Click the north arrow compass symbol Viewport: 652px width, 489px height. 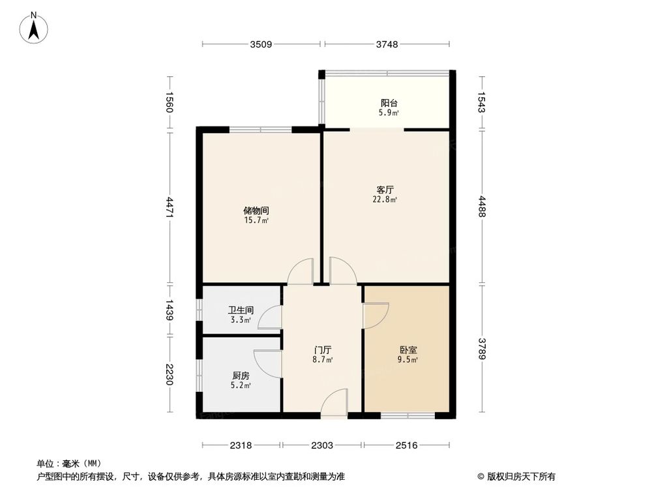pyautogui.click(x=34, y=27)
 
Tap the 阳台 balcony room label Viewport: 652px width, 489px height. pyautogui.click(x=389, y=103)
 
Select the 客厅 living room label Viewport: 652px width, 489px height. pyautogui.click(x=385, y=190)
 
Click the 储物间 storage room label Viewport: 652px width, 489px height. pyautogui.click(x=256, y=211)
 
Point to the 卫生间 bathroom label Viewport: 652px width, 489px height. pyautogui.click(x=240, y=311)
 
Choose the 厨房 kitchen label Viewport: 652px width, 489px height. pyautogui.click(x=241, y=376)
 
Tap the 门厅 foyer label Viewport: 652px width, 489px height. pyautogui.click(x=323, y=350)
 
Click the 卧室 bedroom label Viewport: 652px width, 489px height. pyautogui.click(x=408, y=350)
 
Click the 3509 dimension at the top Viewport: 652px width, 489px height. pyautogui.click(x=261, y=44)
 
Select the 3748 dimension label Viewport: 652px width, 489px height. pyautogui.click(x=387, y=44)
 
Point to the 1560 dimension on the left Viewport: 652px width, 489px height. pyautogui.click(x=170, y=103)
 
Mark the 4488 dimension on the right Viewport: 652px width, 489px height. pyautogui.click(x=482, y=208)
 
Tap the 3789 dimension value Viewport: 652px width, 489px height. pyautogui.click(x=482, y=349)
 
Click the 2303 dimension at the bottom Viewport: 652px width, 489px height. pyautogui.click(x=322, y=445)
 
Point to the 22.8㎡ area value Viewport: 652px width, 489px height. pyautogui.click(x=386, y=200)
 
